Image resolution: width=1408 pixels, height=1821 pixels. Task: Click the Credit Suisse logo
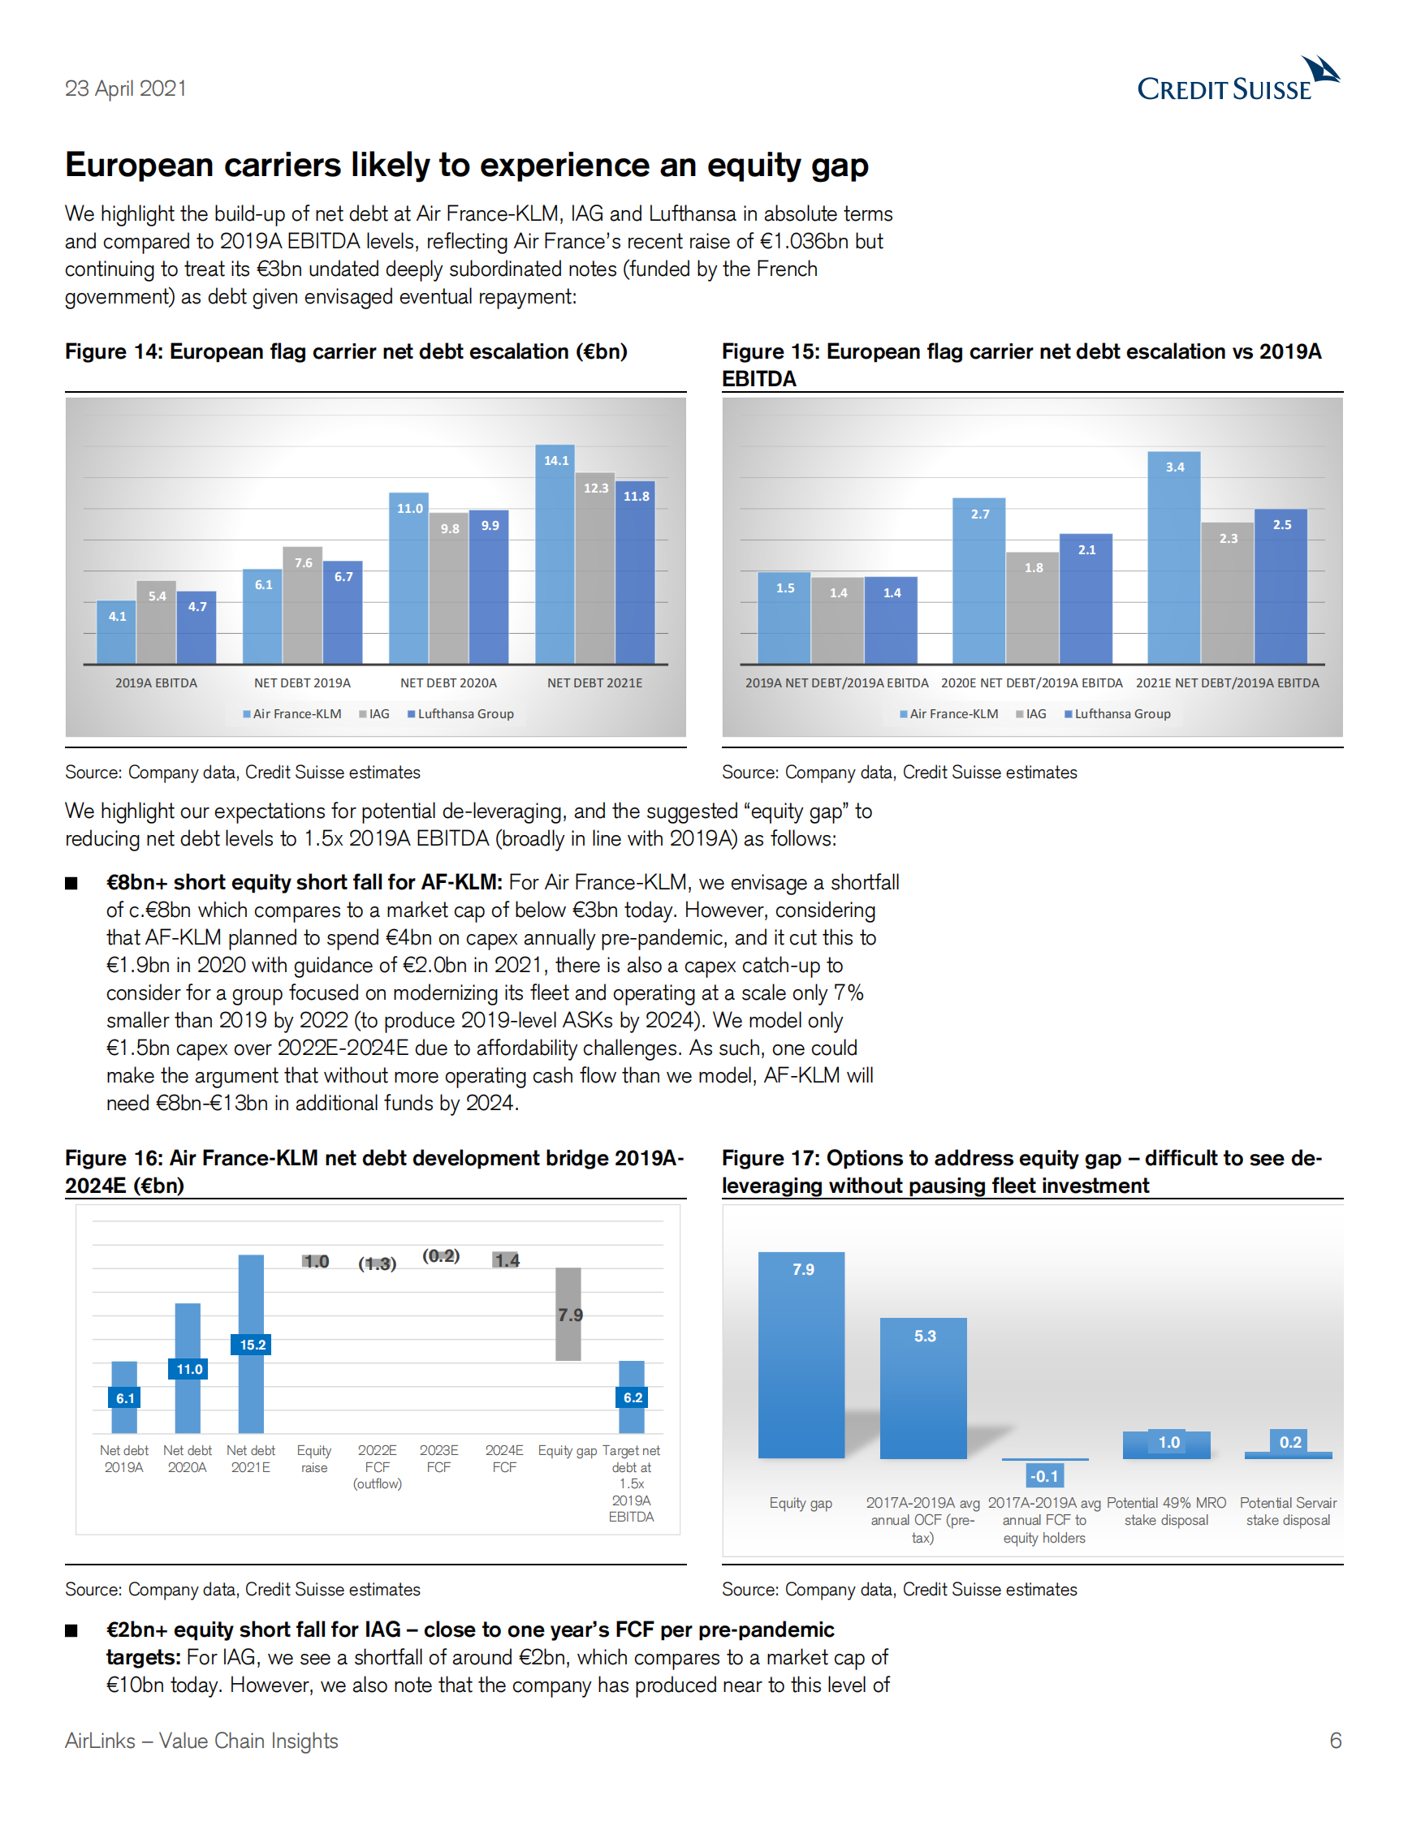tap(1237, 81)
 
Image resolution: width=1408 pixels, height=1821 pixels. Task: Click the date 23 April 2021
tap(126, 88)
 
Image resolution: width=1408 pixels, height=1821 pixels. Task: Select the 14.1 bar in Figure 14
tap(555, 554)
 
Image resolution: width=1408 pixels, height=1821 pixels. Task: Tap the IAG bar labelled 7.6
tap(303, 605)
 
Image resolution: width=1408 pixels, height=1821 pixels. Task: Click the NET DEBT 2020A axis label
tap(448, 683)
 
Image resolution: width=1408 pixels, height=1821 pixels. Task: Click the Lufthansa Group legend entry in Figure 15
tap(1118, 714)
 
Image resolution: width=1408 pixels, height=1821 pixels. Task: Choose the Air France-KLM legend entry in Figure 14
tap(292, 714)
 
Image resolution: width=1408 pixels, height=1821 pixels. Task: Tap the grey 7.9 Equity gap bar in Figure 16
tap(569, 1314)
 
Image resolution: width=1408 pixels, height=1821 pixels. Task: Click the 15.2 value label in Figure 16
tap(253, 1345)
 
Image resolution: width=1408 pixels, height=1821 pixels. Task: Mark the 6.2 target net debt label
tap(633, 1397)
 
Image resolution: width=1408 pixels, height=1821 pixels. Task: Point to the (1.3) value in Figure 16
tap(377, 1264)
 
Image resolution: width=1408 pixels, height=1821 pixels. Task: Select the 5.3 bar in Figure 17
tap(923, 1388)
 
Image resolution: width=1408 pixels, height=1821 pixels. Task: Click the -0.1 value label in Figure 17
tap(1043, 1476)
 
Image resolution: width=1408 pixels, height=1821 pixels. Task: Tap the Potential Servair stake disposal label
tap(1288, 1511)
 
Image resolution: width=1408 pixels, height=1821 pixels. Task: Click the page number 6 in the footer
tap(1336, 1740)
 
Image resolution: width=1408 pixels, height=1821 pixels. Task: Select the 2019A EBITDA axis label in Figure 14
tap(156, 683)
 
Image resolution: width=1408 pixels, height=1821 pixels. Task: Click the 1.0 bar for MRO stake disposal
tap(1166, 1444)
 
